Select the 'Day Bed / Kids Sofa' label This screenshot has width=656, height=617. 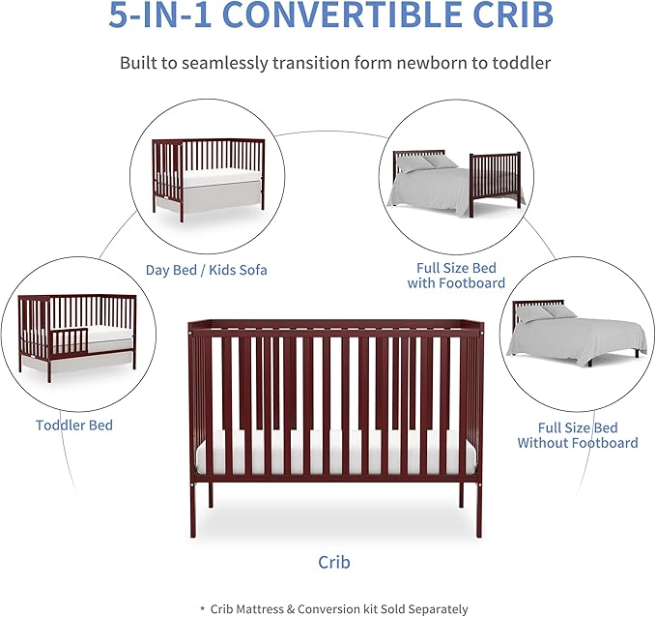pyautogui.click(x=207, y=270)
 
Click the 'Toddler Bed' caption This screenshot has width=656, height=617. pyautogui.click(x=74, y=425)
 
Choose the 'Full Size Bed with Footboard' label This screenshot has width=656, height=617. pyautogui.click(x=458, y=276)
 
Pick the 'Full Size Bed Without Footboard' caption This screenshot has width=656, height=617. pyautogui.click(x=577, y=435)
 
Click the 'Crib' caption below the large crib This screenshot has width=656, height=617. pyautogui.click(x=334, y=561)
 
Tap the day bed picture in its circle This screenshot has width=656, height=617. pyautogui.click(x=208, y=180)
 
